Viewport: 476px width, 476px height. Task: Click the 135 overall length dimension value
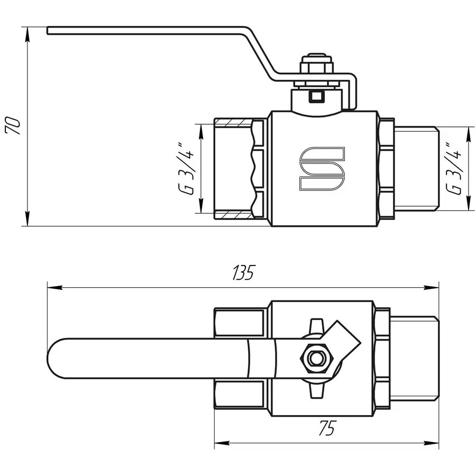click(x=243, y=273)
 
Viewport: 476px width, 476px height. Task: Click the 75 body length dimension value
click(x=327, y=429)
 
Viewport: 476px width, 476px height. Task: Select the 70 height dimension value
click(x=13, y=125)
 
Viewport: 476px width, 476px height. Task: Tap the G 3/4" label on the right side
click(x=454, y=168)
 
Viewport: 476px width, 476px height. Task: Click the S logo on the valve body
click(x=322, y=168)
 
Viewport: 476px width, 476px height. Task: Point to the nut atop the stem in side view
click(x=316, y=67)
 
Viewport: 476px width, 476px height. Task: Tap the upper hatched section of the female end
click(x=233, y=122)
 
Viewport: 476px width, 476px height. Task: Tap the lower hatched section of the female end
click(x=233, y=215)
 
